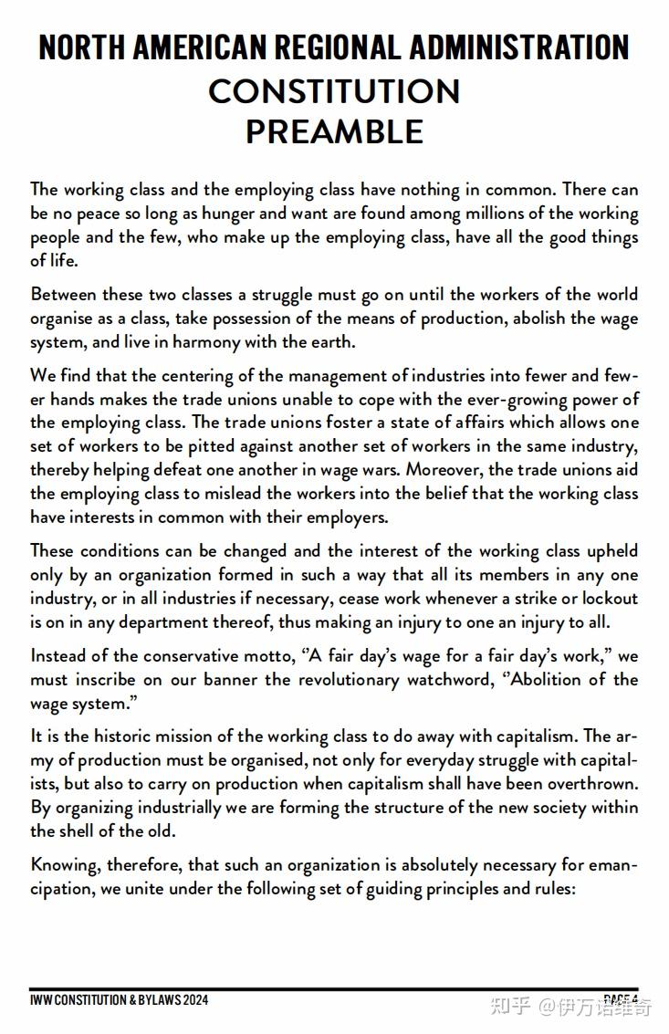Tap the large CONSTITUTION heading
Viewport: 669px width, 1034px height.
click(334, 91)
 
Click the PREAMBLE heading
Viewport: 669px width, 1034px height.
click(334, 132)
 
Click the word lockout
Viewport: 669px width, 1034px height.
click(606, 599)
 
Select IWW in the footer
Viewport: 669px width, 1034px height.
click(40, 1000)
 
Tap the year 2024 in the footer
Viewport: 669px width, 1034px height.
click(195, 1000)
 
